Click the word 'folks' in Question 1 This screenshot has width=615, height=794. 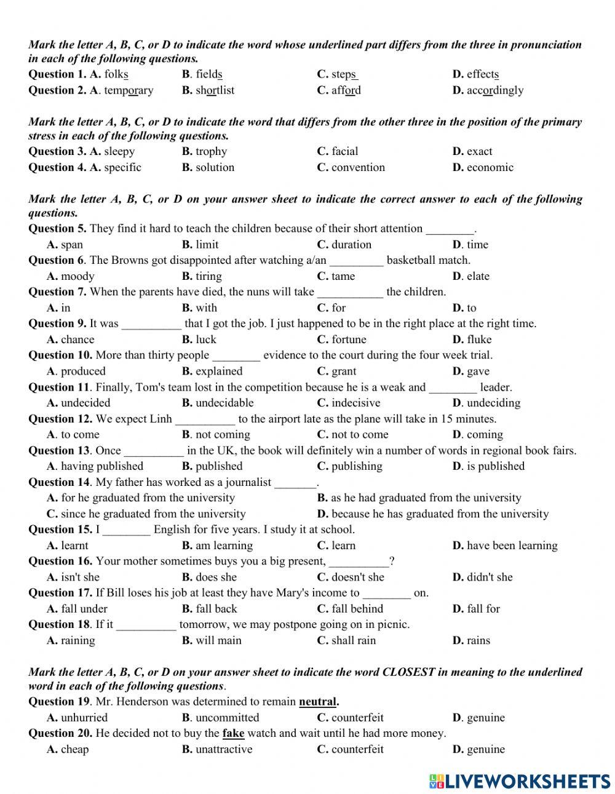click(x=116, y=74)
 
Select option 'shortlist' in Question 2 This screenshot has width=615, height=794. click(x=215, y=90)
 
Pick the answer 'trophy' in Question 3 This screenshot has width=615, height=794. click(x=211, y=151)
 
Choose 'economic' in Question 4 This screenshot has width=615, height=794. click(x=490, y=167)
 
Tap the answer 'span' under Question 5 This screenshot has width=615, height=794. click(x=72, y=245)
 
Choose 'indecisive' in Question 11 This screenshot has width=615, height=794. click(x=355, y=403)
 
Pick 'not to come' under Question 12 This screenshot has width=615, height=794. click(x=360, y=435)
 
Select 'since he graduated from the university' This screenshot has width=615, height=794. click(x=153, y=514)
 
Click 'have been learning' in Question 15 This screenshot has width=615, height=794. click(x=512, y=546)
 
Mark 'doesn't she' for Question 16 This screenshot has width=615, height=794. click(x=357, y=577)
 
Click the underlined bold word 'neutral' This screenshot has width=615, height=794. click(x=318, y=702)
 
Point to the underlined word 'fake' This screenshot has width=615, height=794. click(x=233, y=733)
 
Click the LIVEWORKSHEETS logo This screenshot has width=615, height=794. click(x=520, y=781)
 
